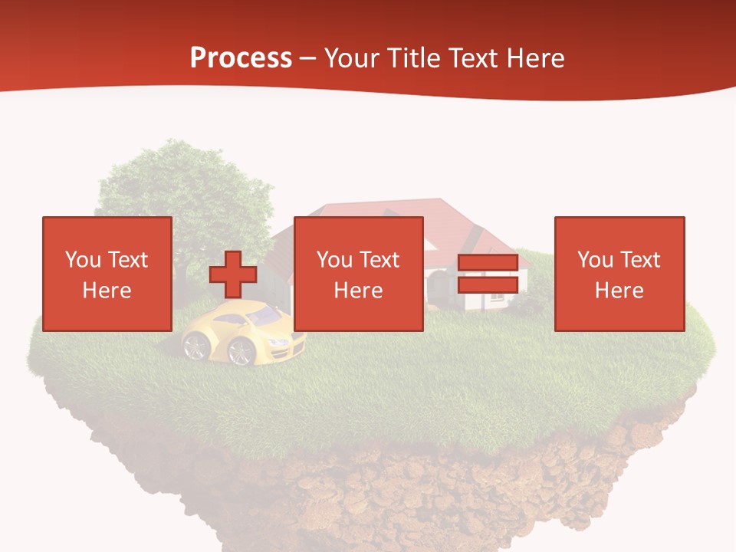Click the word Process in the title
[241, 58]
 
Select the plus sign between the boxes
[233, 274]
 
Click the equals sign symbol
[488, 274]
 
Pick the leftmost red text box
[107, 274]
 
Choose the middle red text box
[358, 274]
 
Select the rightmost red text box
[619, 274]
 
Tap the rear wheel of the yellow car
[195, 346]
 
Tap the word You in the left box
[83, 260]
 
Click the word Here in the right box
[619, 291]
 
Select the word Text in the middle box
[379, 260]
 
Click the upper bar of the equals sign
[488, 264]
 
